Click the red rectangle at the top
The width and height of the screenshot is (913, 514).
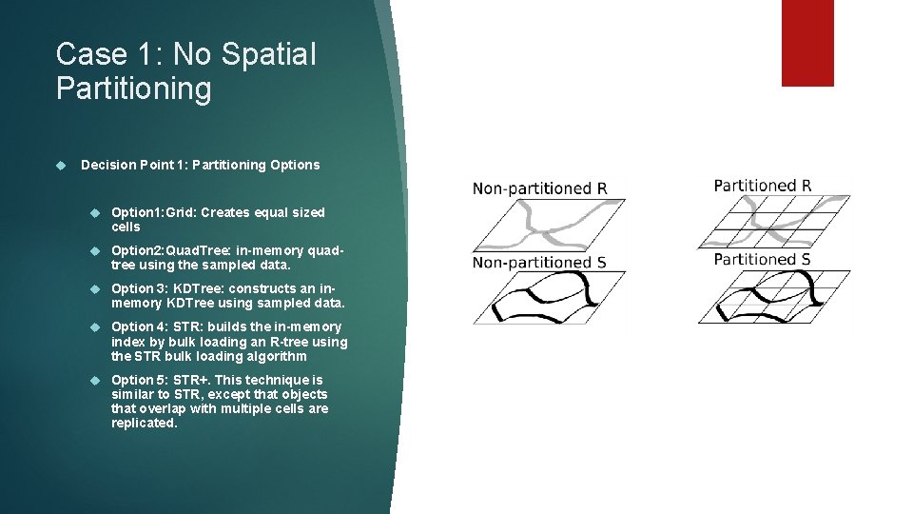tap(806, 43)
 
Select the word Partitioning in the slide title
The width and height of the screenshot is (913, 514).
tap(134, 89)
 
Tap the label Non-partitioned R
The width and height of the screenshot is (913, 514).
tap(539, 188)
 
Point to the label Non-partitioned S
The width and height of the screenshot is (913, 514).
tap(539, 263)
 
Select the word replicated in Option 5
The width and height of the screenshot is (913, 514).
tap(145, 424)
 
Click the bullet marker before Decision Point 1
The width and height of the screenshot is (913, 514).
tap(61, 165)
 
